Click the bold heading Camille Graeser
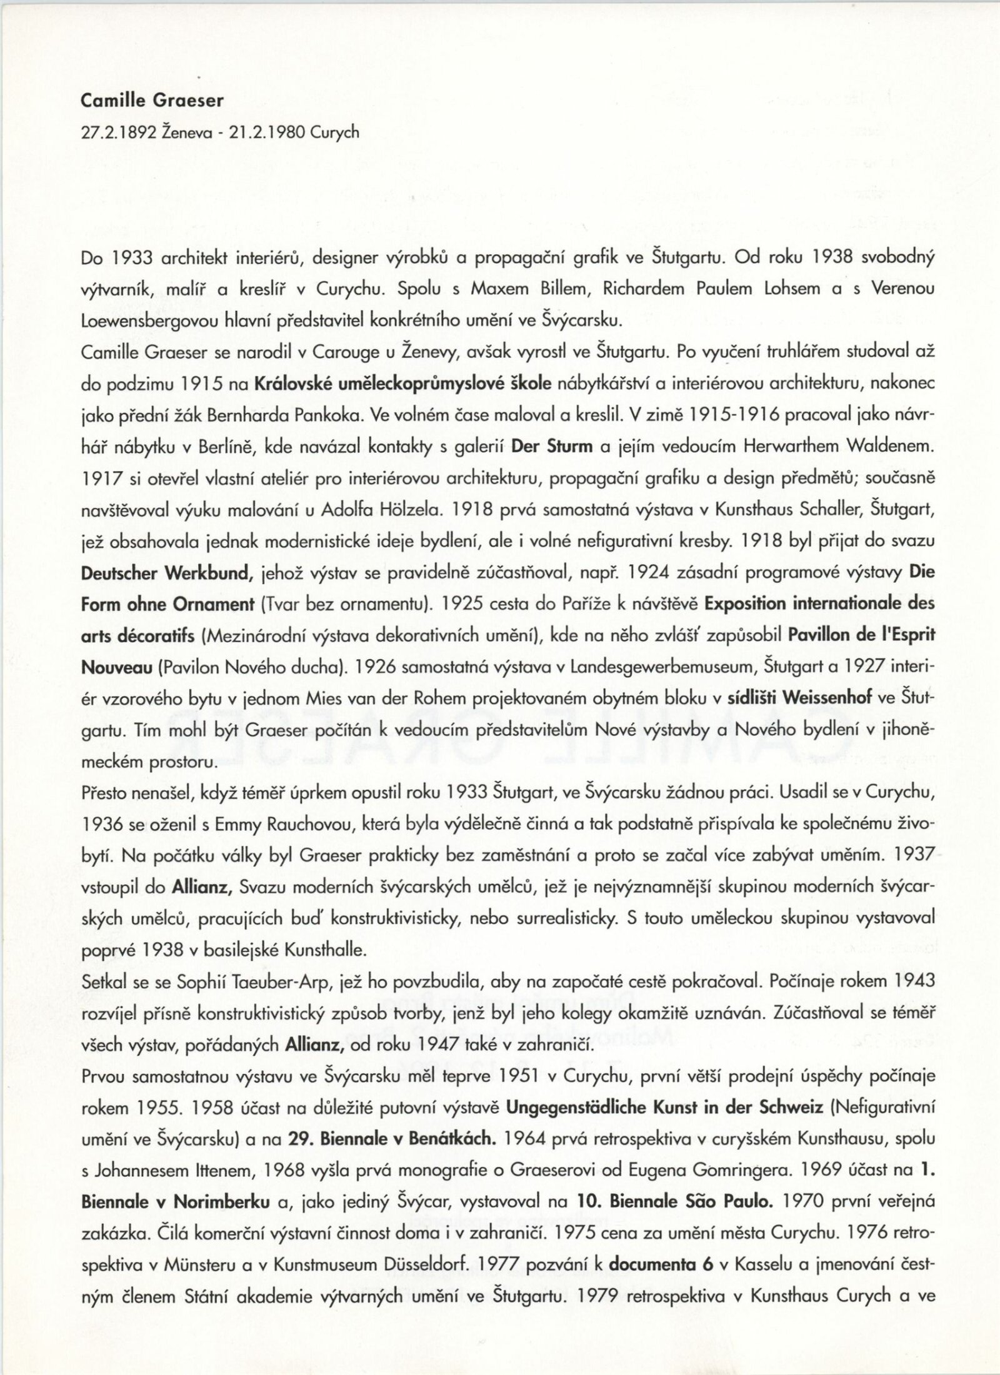click(x=152, y=101)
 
